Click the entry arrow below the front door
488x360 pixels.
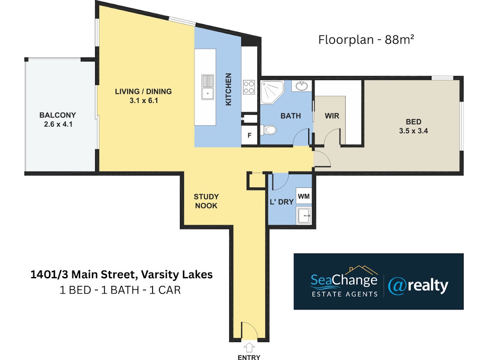click(249, 347)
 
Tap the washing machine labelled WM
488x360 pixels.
click(304, 196)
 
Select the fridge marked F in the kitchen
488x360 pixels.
click(249, 135)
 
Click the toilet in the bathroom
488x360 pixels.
click(268, 130)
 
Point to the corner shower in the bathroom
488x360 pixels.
click(272, 92)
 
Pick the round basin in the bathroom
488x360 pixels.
click(302, 86)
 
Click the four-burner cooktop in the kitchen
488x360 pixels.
click(249, 87)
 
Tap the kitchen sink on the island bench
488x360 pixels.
click(208, 87)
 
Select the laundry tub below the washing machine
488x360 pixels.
click(304, 216)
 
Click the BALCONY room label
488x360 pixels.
click(58, 115)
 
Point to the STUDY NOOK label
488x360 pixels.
click(206, 201)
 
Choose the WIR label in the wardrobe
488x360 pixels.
click(332, 116)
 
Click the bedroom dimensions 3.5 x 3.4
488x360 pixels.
click(414, 131)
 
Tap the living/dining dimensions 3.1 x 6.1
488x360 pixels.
click(144, 101)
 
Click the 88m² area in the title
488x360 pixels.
click(399, 40)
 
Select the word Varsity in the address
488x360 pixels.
click(160, 275)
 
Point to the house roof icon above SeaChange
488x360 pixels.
click(362, 270)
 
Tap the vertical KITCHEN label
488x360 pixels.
click(228, 89)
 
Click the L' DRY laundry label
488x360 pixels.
click(282, 202)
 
